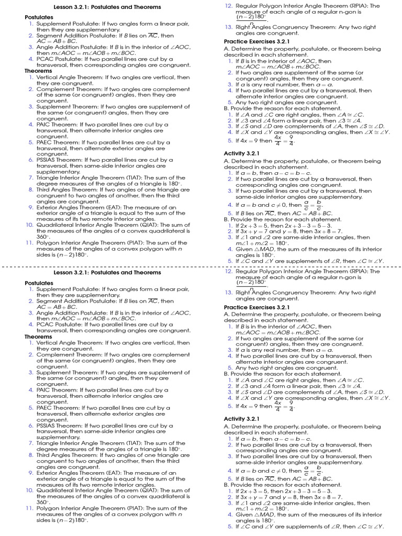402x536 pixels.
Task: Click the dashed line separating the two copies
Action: [x=201, y=266]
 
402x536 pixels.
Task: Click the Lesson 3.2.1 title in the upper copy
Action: [x=107, y=7]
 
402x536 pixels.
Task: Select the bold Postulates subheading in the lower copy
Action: [x=39, y=283]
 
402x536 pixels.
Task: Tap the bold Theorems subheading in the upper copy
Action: [x=38, y=71]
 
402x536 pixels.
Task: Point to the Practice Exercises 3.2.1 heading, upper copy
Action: [x=256, y=41]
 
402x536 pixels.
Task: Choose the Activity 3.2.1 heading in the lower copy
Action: [x=241, y=419]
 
